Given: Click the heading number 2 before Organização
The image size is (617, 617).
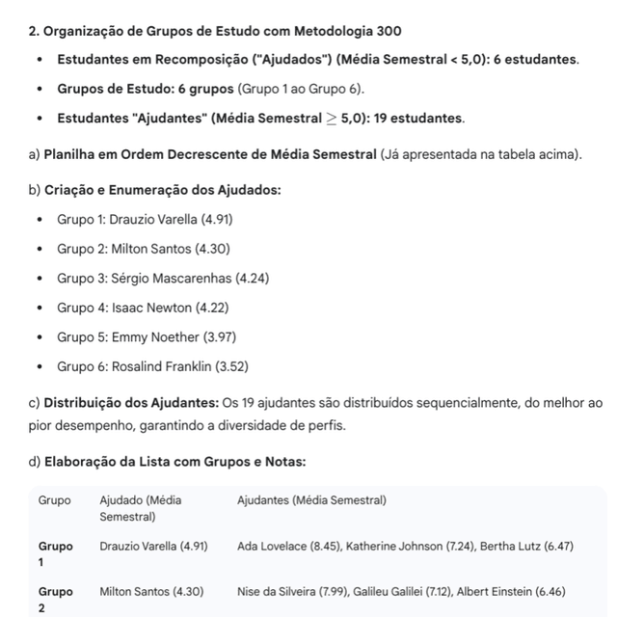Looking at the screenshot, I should tap(34, 30).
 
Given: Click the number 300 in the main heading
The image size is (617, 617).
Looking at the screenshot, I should tap(388, 30).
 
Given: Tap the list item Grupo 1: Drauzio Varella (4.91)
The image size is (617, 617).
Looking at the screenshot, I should tap(145, 219).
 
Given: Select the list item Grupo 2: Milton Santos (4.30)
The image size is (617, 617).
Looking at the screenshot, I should tap(143, 249).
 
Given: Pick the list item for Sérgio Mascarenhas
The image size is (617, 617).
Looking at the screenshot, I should tap(163, 278).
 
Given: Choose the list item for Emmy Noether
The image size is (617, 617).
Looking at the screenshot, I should tap(147, 336).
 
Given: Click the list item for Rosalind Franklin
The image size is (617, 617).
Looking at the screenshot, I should tap(152, 366).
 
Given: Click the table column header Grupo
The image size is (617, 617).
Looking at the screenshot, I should tap(54, 500).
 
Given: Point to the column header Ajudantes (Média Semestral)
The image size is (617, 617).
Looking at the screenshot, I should tap(311, 500).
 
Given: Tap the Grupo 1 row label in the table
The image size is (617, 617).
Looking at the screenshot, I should tap(55, 553).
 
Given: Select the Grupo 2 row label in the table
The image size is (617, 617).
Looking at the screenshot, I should tap(55, 599).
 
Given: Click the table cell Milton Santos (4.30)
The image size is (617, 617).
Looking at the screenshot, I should tap(153, 591).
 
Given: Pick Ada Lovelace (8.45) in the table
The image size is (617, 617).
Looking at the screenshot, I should tap(286, 546).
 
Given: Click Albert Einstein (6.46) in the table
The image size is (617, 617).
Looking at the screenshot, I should tap(511, 591).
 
